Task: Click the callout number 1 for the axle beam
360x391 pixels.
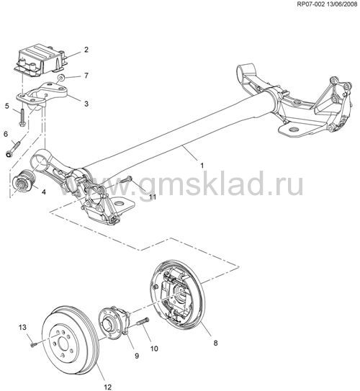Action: [202, 166]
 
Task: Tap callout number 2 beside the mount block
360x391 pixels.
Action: [86, 50]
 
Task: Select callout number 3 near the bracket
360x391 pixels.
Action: [86, 104]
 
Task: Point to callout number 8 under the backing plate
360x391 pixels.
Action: [216, 343]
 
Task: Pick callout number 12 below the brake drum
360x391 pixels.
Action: [108, 387]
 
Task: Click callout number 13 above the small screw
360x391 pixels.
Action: [22, 327]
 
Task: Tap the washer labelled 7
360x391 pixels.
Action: [60, 78]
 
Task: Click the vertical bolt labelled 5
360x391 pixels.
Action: [22, 116]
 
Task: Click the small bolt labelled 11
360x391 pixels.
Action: [127, 179]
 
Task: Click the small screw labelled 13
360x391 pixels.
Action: [34, 345]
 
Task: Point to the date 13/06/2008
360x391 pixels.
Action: [342, 4]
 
